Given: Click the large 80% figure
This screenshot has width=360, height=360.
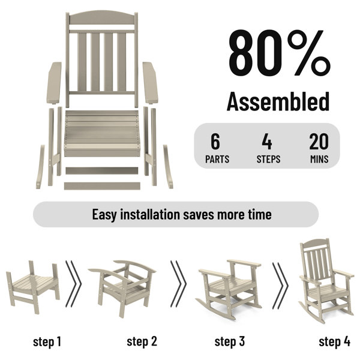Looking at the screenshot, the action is [280, 52].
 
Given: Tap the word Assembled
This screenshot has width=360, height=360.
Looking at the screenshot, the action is [278, 101].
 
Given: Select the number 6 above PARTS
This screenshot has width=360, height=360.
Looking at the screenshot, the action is [215, 142].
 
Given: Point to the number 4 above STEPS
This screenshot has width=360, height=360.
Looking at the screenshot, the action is [267, 142].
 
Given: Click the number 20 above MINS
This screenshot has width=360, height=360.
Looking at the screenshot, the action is [319, 142].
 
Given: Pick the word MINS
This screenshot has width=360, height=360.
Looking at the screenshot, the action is [319, 159].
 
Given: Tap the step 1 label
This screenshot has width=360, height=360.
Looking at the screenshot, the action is [47, 341].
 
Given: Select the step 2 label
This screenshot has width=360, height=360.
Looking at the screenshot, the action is [142, 341].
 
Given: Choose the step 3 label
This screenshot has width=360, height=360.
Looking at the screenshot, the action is [230, 341].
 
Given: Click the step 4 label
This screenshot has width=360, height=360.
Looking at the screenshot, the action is [335, 341].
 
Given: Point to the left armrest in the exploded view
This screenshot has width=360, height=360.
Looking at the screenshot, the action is [54, 83].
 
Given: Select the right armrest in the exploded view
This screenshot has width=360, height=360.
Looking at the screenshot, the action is [151, 83].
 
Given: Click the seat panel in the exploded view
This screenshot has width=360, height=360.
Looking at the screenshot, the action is [102, 133].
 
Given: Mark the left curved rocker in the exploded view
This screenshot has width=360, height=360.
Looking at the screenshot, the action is [40, 167].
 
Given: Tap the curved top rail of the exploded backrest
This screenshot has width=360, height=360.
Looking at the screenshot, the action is [102, 17].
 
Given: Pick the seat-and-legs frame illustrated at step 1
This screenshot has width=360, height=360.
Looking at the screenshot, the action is [32, 287].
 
